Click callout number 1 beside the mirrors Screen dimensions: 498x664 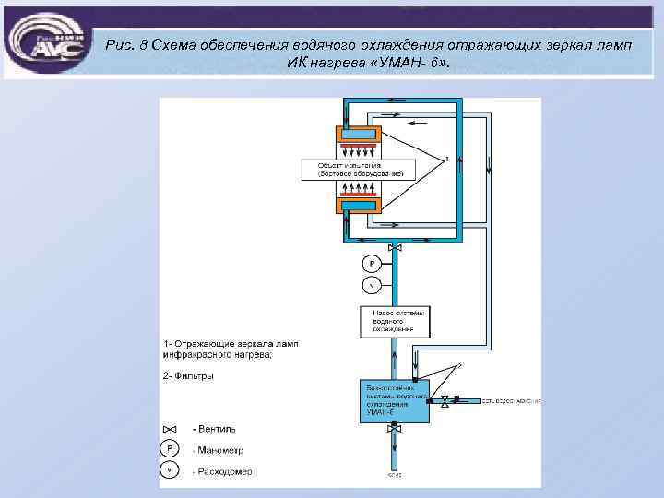(446, 159)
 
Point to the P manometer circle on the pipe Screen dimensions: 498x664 (372, 263)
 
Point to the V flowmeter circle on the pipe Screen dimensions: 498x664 (372, 285)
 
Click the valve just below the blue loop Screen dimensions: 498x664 (395, 248)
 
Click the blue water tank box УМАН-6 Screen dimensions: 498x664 (395, 400)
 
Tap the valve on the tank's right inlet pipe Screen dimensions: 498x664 (445, 401)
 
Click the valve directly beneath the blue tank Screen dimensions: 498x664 (395, 429)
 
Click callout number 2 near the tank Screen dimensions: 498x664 (461, 366)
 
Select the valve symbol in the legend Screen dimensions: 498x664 (169, 429)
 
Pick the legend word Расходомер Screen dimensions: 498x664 (222, 471)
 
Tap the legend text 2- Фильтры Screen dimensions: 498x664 (188, 375)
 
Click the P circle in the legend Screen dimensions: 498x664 (169, 448)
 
